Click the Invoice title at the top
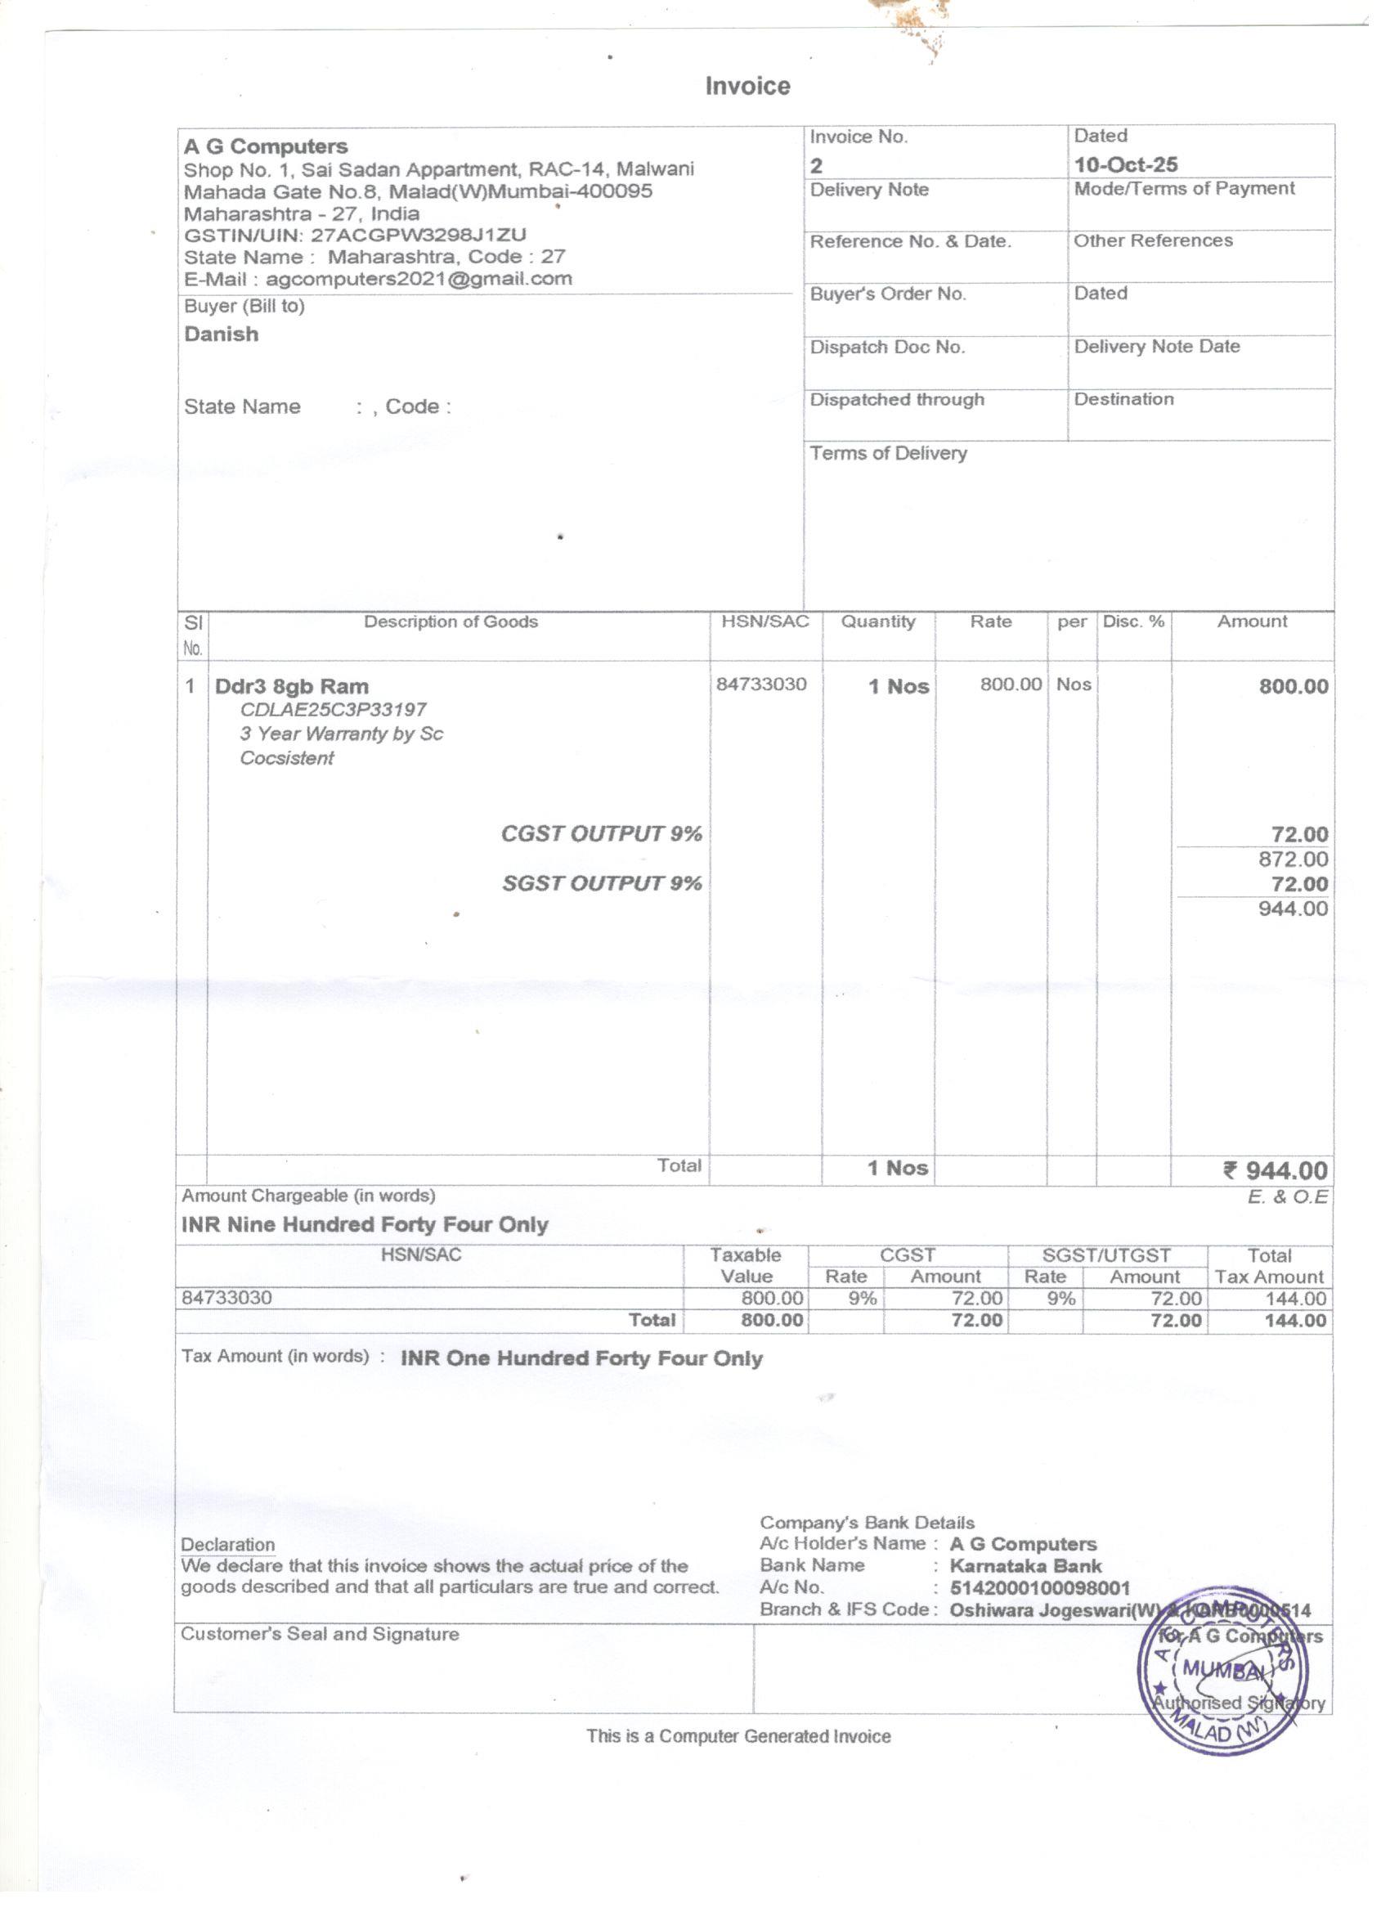747,86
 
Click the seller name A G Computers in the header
266,146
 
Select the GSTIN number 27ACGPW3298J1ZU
418,236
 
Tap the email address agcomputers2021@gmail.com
418,279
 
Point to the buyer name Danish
221,334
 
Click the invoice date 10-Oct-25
1125,164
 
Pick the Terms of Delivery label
888,454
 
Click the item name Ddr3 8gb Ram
292,686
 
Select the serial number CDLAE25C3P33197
333,710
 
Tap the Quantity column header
877,622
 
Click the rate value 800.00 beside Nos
1010,684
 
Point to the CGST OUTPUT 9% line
601,834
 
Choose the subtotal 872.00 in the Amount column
1292,859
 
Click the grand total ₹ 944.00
1275,1170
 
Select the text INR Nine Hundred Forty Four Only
365,1224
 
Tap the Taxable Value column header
745,1265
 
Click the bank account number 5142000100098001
1039,1588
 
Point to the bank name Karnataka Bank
1025,1566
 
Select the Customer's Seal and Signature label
320,1635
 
